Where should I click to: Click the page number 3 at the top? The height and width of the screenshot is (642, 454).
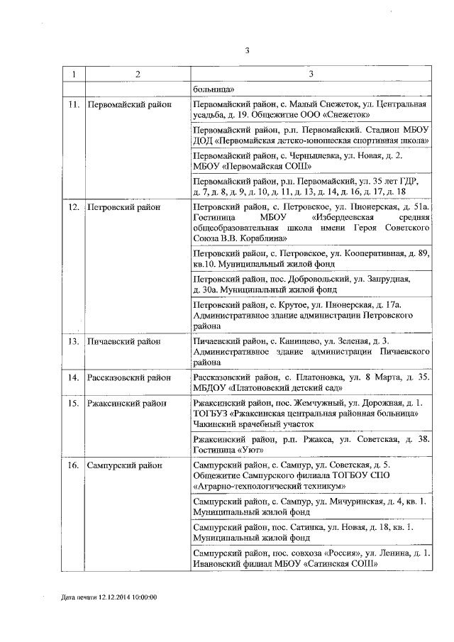point(248,50)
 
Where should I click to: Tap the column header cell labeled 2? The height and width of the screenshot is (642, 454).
point(138,74)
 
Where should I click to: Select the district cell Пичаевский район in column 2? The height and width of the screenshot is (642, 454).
point(123,341)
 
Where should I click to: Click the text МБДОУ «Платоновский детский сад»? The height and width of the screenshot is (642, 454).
point(268,387)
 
